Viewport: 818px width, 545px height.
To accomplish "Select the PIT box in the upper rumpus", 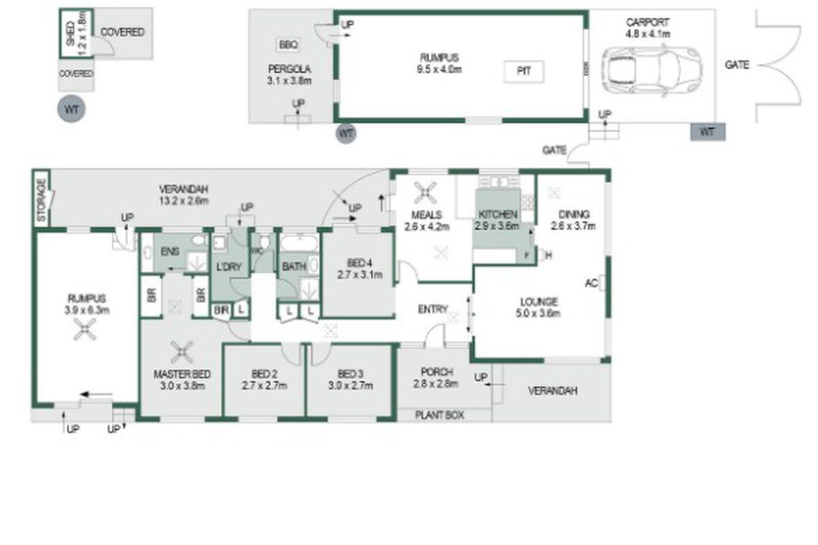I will [x=524, y=71].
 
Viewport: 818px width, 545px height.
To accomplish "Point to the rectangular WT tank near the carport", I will [x=707, y=132].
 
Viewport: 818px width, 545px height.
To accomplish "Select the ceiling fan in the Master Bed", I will [x=182, y=352].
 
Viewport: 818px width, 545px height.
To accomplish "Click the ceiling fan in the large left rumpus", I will [x=85, y=332].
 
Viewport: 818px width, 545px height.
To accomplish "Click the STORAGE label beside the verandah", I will [x=41, y=200].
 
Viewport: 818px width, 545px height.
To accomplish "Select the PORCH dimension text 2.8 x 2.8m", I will [x=436, y=384].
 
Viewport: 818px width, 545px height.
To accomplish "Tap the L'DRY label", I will [x=228, y=268].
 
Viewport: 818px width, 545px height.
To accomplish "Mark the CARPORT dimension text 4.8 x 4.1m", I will [x=648, y=33].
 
